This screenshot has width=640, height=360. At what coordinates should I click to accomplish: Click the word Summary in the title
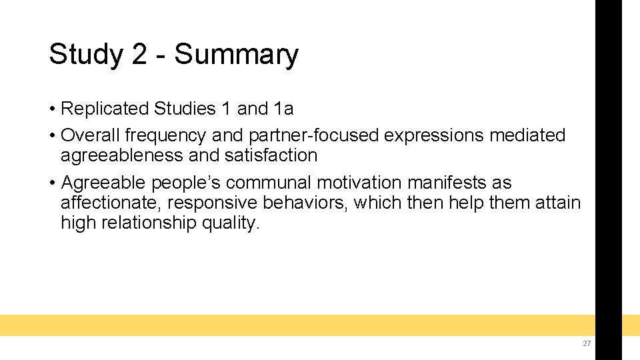pos(236,55)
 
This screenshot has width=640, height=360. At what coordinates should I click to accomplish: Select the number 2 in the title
pos(139,55)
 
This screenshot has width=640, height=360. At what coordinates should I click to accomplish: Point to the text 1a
pos(283,108)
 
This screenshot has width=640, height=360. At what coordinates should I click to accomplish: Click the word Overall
pos(90,135)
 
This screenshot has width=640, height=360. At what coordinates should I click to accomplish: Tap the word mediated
pos(527,135)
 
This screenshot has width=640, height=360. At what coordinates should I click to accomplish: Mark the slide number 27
pos(587,343)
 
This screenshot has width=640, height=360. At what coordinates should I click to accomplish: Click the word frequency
pos(165,135)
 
